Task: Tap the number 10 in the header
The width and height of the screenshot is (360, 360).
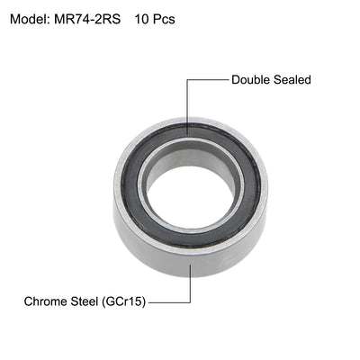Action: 140,19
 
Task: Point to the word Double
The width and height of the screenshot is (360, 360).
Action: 252,79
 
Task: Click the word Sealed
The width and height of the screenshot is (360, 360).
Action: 292,79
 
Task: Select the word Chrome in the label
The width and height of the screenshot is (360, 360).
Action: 47,301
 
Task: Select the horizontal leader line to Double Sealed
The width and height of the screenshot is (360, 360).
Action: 207,79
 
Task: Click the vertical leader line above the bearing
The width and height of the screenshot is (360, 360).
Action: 186,103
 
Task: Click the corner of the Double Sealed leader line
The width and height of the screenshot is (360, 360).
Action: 186,79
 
